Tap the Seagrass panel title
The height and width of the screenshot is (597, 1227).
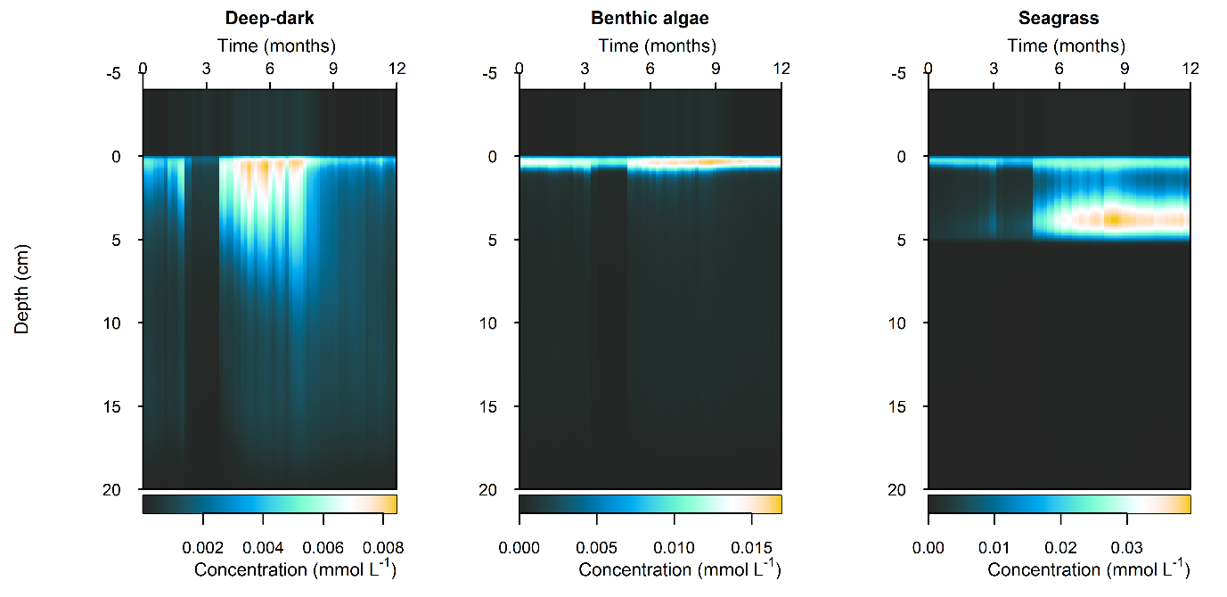pyautogui.click(x=1059, y=18)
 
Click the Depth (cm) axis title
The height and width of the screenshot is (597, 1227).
pyautogui.click(x=22, y=289)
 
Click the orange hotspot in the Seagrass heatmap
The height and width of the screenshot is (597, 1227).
pyautogui.click(x=1112, y=218)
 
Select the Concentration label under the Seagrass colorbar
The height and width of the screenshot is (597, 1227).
pyautogui.click(x=1088, y=569)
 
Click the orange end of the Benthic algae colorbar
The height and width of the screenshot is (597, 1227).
pyautogui.click(x=775, y=504)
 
